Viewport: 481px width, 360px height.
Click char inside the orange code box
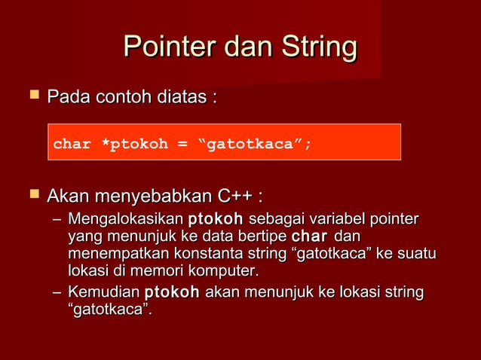pos(72,144)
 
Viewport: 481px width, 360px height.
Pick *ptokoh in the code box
pos(133,144)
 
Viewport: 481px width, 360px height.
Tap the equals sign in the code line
pos(182,144)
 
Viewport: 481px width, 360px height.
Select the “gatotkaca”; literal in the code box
pos(253,144)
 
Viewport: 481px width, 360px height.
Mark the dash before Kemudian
pos(57,292)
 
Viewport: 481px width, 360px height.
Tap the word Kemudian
pos(103,292)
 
